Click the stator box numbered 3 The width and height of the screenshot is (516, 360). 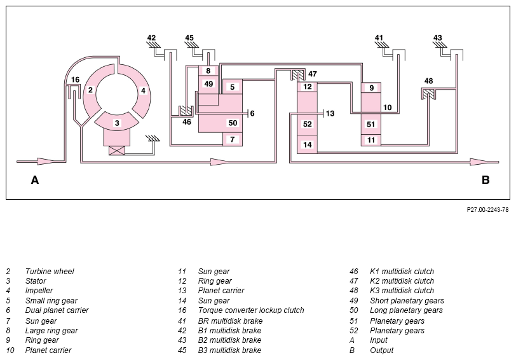[x=117, y=123]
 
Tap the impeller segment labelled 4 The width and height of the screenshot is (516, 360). [x=142, y=90]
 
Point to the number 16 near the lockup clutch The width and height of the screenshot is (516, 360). [x=76, y=80]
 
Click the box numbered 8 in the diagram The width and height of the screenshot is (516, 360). [x=208, y=71]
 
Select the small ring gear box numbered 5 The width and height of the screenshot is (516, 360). [x=233, y=87]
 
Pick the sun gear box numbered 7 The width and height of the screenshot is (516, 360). [x=233, y=139]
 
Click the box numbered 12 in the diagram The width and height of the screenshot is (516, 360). [x=308, y=87]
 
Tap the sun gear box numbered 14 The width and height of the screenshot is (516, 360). [x=308, y=144]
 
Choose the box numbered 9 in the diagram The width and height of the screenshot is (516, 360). [x=371, y=88]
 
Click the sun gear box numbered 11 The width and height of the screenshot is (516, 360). [x=371, y=140]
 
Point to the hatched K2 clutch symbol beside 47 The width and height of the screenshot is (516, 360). [x=298, y=76]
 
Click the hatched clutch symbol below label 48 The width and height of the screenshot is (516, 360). [x=428, y=94]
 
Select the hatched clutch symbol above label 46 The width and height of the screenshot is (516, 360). [x=186, y=111]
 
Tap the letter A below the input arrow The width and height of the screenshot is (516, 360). [x=35, y=180]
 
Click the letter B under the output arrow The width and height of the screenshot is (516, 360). [x=485, y=180]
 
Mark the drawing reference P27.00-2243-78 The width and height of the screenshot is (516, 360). [x=487, y=209]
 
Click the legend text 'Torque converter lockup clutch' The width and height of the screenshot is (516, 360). [x=251, y=310]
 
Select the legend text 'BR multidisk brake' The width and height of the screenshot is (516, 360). [x=230, y=321]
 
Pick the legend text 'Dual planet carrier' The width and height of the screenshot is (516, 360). [x=57, y=310]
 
